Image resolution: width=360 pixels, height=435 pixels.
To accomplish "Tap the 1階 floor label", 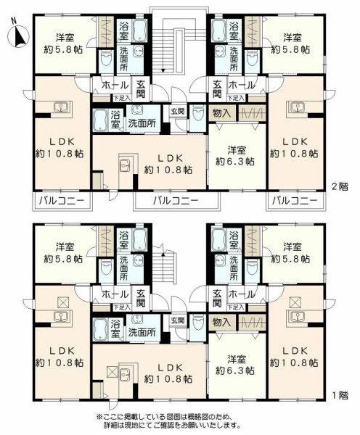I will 340,395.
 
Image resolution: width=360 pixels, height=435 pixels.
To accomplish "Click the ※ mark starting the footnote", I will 100,417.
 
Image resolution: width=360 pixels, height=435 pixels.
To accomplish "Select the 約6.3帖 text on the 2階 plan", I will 235,162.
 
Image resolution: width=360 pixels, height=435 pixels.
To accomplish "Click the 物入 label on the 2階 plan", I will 222,113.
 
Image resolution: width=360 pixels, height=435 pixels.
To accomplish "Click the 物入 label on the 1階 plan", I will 222,323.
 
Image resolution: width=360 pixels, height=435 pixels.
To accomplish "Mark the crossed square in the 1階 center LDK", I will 112,372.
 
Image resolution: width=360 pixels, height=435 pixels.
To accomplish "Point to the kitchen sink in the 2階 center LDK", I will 124,164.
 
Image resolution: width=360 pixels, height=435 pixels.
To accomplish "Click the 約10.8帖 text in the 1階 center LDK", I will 168,379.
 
